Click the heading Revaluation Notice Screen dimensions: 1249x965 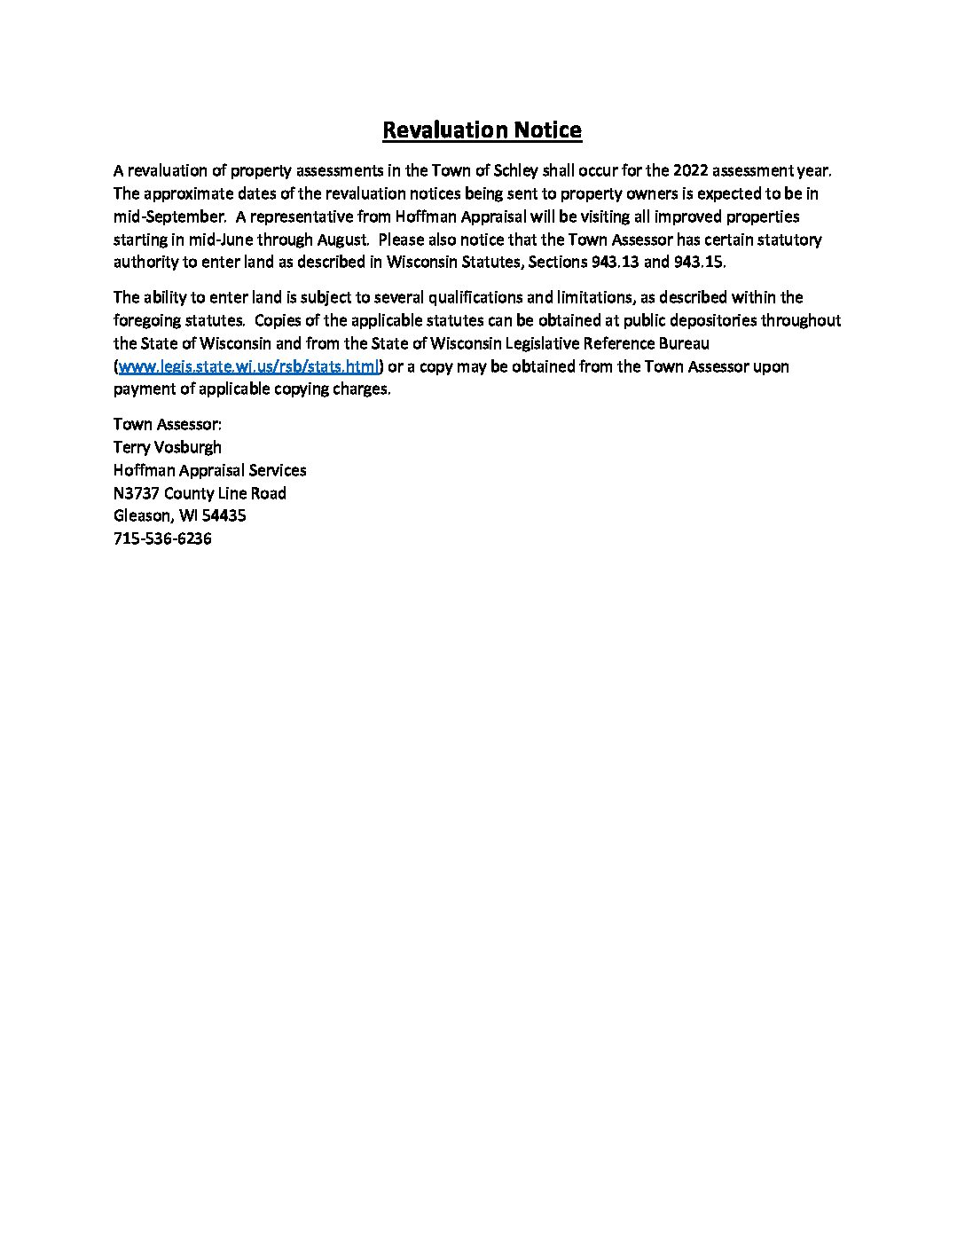[482, 130]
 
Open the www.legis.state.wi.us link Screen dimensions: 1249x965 [248, 366]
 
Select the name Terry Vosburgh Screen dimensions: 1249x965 [168, 447]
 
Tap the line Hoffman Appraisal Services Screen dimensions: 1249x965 [210, 470]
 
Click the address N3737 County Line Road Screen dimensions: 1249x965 [200, 493]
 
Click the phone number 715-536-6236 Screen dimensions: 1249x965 [162, 538]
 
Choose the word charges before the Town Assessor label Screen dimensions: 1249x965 [361, 389]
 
